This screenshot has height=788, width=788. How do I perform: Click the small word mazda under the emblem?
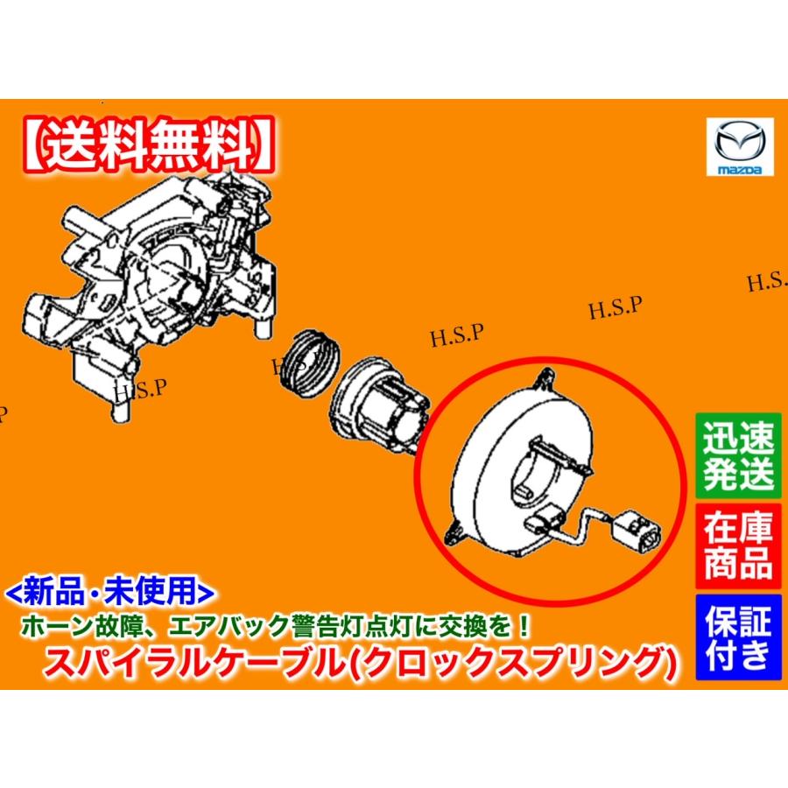(x=737, y=167)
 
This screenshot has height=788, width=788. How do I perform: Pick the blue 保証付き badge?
(x=738, y=637)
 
